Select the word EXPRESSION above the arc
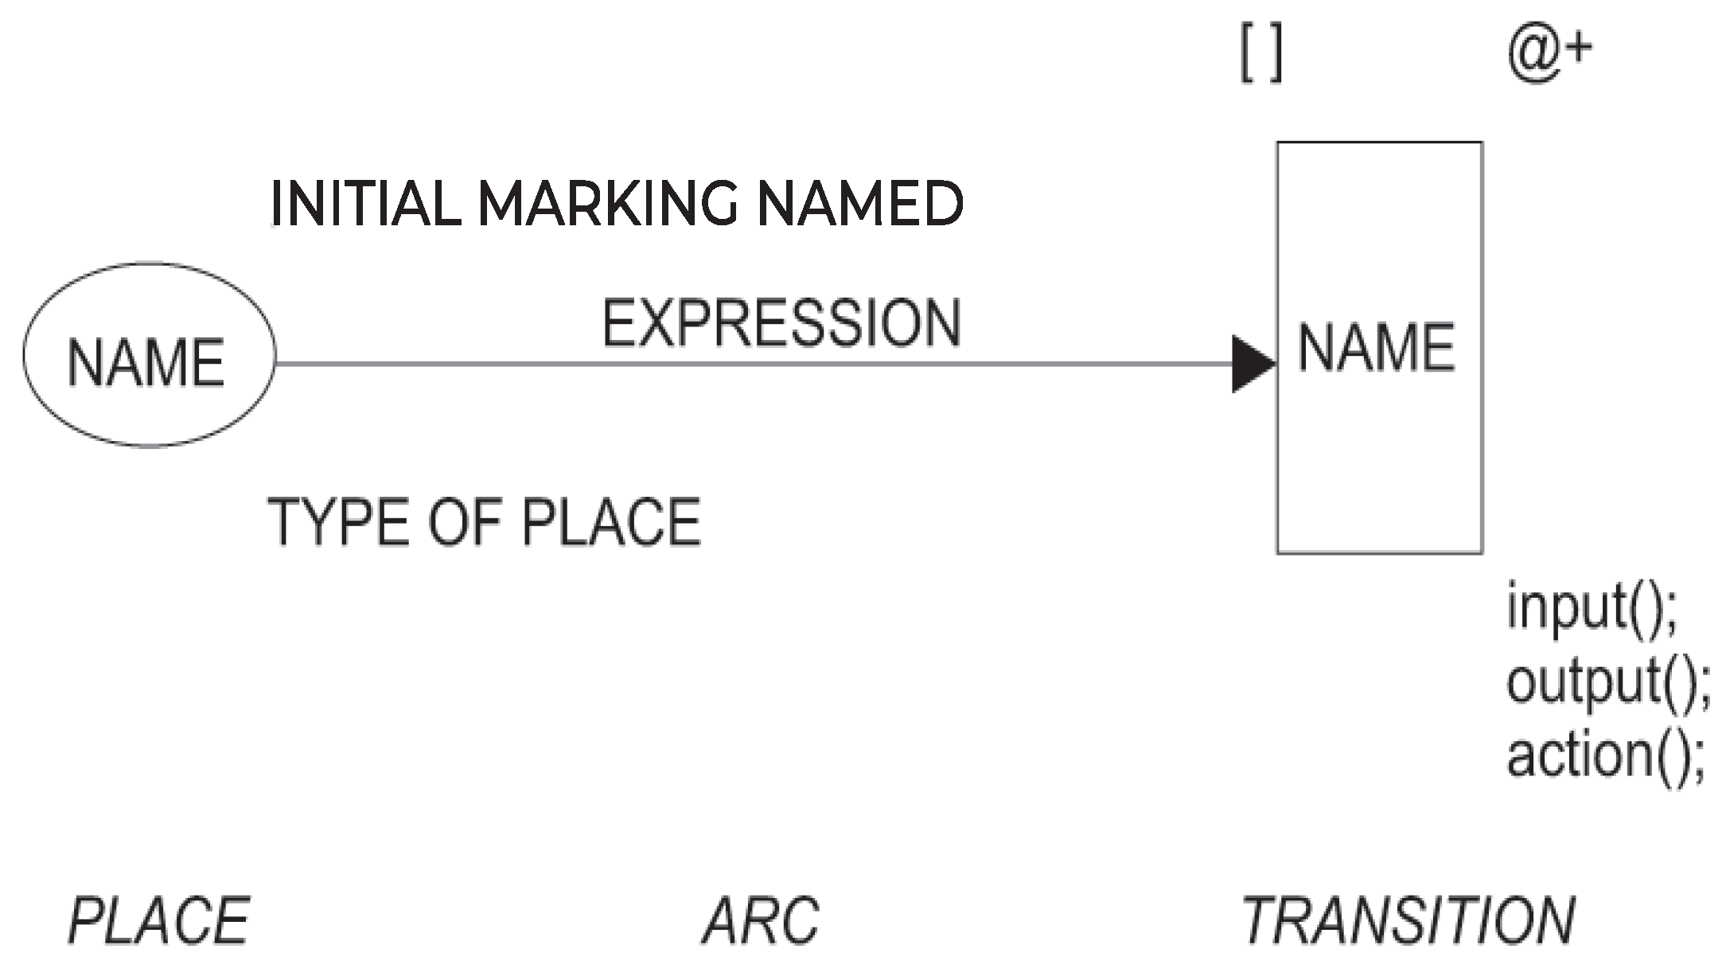(781, 323)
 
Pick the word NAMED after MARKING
(860, 204)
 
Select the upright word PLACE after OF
(611, 522)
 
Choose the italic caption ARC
(761, 921)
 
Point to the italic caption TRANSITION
(1408, 921)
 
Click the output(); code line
(1607, 682)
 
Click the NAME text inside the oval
(146, 363)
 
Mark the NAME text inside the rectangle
(1377, 348)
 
